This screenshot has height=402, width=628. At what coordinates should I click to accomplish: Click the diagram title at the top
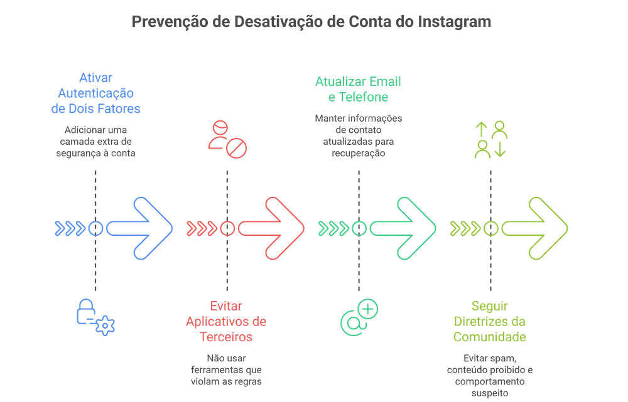click(x=312, y=22)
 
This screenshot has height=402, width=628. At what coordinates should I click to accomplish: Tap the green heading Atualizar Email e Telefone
click(x=358, y=90)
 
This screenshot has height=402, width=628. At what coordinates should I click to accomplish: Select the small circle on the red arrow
click(x=227, y=228)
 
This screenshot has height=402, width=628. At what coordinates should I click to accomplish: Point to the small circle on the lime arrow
click(x=490, y=228)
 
